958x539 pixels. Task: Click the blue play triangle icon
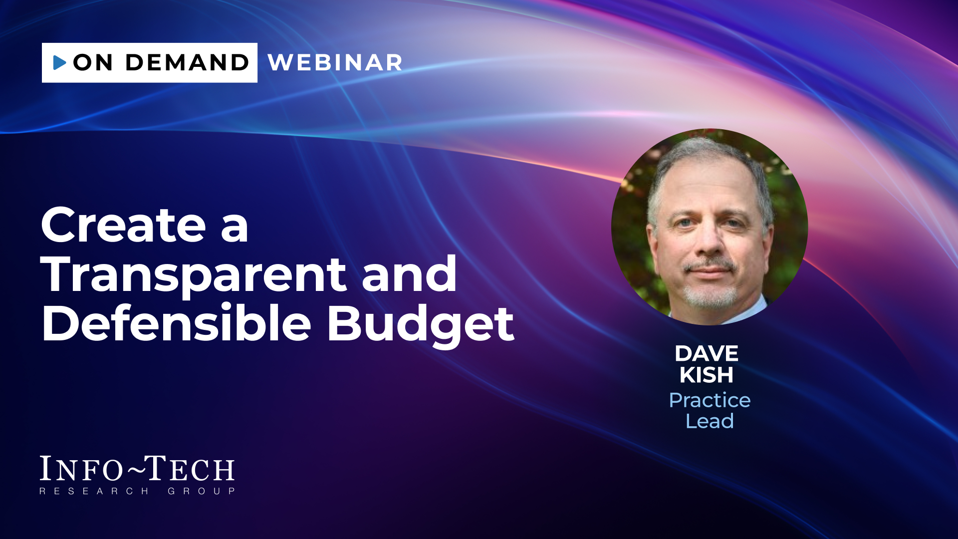click(x=59, y=62)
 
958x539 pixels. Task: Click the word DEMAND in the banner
click(x=187, y=63)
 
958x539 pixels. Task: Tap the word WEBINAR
click(x=335, y=63)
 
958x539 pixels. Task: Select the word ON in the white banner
click(x=93, y=63)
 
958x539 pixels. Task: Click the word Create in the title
click(x=124, y=225)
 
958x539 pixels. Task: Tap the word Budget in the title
click(x=420, y=325)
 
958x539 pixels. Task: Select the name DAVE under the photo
click(x=707, y=354)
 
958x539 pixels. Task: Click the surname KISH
click(x=707, y=375)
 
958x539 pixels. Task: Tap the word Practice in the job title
click(x=710, y=400)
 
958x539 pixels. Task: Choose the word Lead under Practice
click(x=710, y=421)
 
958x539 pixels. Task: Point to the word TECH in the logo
click(x=190, y=469)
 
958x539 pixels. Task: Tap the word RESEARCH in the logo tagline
click(x=94, y=491)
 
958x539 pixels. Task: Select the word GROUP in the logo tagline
click(x=202, y=491)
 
